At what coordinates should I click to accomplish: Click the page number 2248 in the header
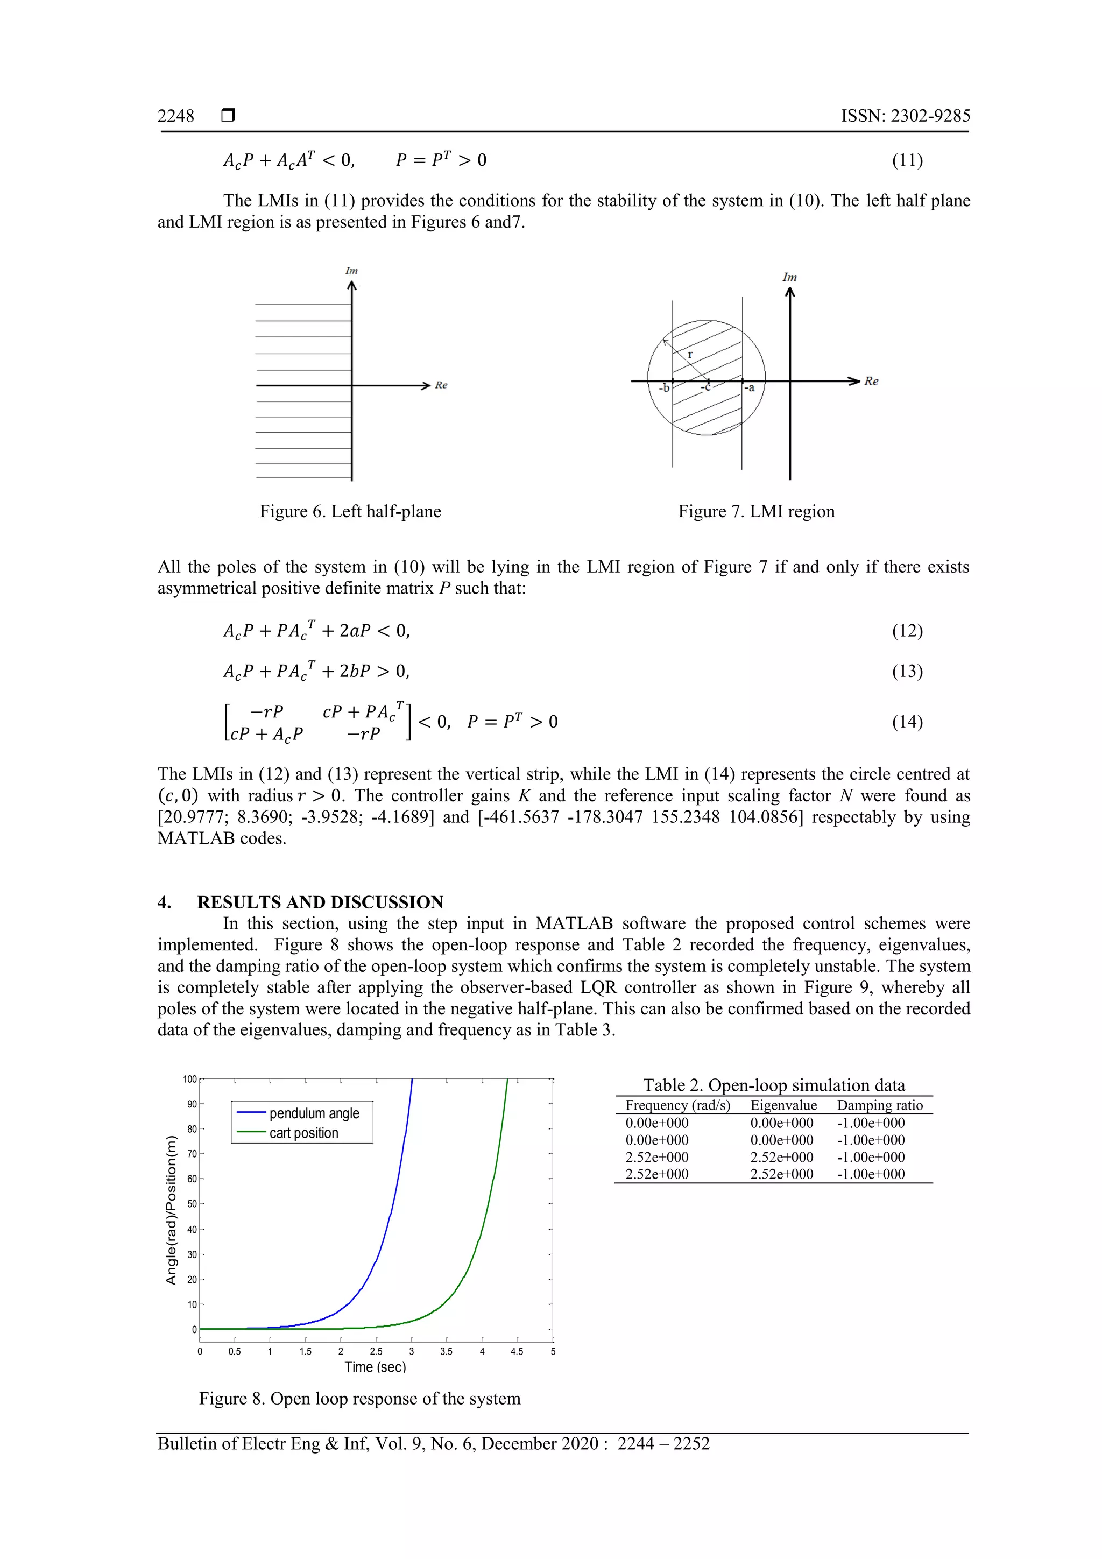[x=176, y=116]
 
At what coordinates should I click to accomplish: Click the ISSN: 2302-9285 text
[x=905, y=116]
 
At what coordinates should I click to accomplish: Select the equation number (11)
[x=907, y=160]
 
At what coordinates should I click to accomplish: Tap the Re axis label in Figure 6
[x=441, y=385]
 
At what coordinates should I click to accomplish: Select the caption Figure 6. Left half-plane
[x=350, y=511]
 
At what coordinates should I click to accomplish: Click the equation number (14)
[x=907, y=721]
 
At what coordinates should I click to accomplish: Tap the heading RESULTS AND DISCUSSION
[x=320, y=902]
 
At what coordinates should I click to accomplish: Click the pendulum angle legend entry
[x=314, y=1113]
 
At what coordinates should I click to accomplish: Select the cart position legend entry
[x=303, y=1133]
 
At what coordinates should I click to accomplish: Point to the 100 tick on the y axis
[x=189, y=1080]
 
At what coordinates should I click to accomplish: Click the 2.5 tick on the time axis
[x=376, y=1352]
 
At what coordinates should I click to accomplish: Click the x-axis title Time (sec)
[x=375, y=1367]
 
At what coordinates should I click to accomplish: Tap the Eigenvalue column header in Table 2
[x=783, y=1105]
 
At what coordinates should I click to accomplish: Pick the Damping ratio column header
[x=879, y=1105]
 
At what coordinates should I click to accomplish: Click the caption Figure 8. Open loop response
[x=359, y=1399]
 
